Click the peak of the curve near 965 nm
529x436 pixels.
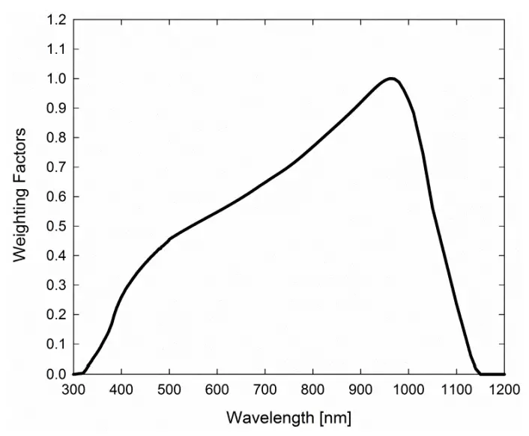(x=391, y=79)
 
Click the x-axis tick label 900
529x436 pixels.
(x=360, y=389)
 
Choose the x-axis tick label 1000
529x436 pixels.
(x=408, y=389)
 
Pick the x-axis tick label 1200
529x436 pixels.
(x=504, y=389)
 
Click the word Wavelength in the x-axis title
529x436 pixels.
(x=263, y=416)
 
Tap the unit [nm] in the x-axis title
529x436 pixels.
(x=333, y=416)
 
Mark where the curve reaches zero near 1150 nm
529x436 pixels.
(x=480, y=373)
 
